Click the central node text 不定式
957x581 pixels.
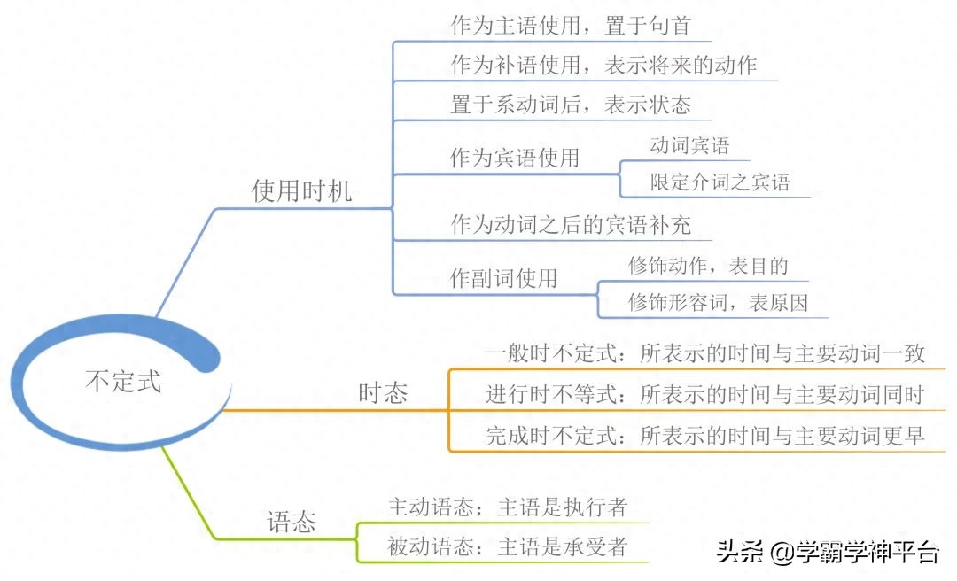coord(123,382)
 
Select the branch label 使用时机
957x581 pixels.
coord(301,191)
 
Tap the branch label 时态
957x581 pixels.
coord(383,393)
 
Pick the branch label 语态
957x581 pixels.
coord(292,523)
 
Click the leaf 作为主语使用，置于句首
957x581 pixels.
coord(571,26)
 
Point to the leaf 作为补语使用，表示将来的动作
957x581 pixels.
coord(603,65)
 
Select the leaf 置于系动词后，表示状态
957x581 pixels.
coord(571,105)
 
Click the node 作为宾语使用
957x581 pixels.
coord(515,158)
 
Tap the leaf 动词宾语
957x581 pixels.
coord(689,145)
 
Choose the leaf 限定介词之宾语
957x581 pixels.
coord(720,182)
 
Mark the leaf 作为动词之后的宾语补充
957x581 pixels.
coord(571,225)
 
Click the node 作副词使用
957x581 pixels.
coord(503,278)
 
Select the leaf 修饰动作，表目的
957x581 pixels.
coord(708,266)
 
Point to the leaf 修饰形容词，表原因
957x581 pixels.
coord(719,302)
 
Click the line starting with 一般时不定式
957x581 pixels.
coord(705,353)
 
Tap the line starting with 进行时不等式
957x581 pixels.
coord(705,394)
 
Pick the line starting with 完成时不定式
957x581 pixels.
coord(705,436)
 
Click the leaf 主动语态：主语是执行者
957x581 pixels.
coord(507,507)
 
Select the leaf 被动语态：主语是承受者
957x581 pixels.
coord(507,546)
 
